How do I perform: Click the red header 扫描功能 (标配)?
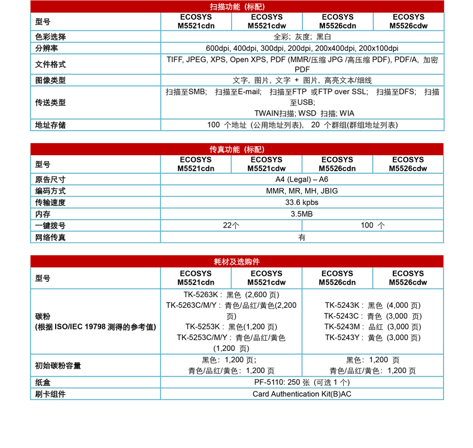pos(237,7)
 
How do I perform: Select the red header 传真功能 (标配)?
pos(237,149)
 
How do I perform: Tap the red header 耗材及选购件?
pos(237,262)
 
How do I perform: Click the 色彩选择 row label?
pos(50,37)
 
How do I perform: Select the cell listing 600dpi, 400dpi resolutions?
pos(302,48)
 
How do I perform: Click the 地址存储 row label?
pos(50,125)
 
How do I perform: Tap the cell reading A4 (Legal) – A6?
pos(302,179)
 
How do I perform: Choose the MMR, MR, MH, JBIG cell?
pos(302,190)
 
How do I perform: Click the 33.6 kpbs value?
pos(302,202)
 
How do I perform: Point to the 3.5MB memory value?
pos(302,214)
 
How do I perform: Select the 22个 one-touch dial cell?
pos(231,225)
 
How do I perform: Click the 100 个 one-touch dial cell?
pos(372,225)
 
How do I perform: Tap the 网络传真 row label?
pos(50,237)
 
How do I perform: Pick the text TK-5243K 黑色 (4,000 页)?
pos(372,305)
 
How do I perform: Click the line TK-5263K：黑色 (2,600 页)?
pos(231,294)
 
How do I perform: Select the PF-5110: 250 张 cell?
pos(302,382)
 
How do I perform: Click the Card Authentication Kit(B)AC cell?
pos(302,394)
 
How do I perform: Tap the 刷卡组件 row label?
pos(50,394)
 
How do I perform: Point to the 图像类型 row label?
pos(50,80)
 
